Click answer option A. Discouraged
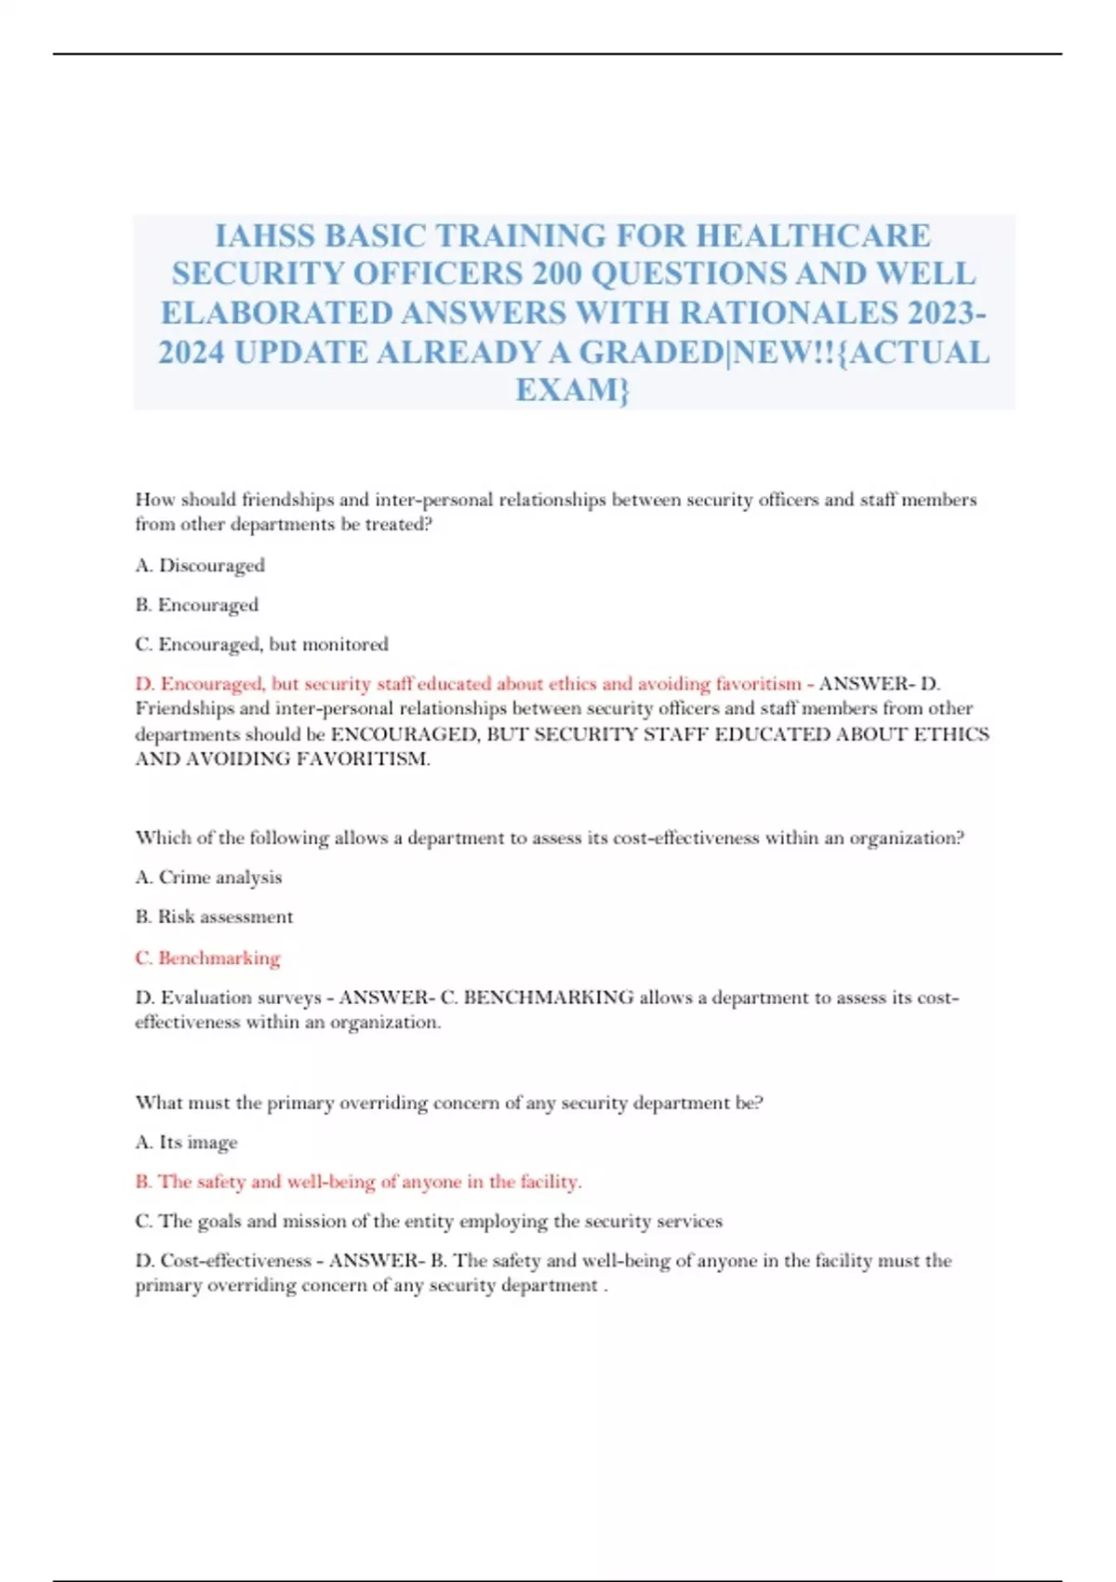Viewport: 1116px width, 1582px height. [200, 566]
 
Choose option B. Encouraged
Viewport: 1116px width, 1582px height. [197, 605]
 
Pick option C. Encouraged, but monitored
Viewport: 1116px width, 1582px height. [261, 644]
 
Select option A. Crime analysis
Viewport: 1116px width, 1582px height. [208, 878]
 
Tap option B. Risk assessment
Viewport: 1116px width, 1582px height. [214, 917]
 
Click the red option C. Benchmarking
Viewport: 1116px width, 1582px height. [207, 958]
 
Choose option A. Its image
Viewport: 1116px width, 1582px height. [186, 1142]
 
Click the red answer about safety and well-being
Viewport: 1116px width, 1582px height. [358, 1182]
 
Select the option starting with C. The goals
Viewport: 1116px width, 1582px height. [428, 1221]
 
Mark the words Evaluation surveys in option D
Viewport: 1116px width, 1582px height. [241, 998]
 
